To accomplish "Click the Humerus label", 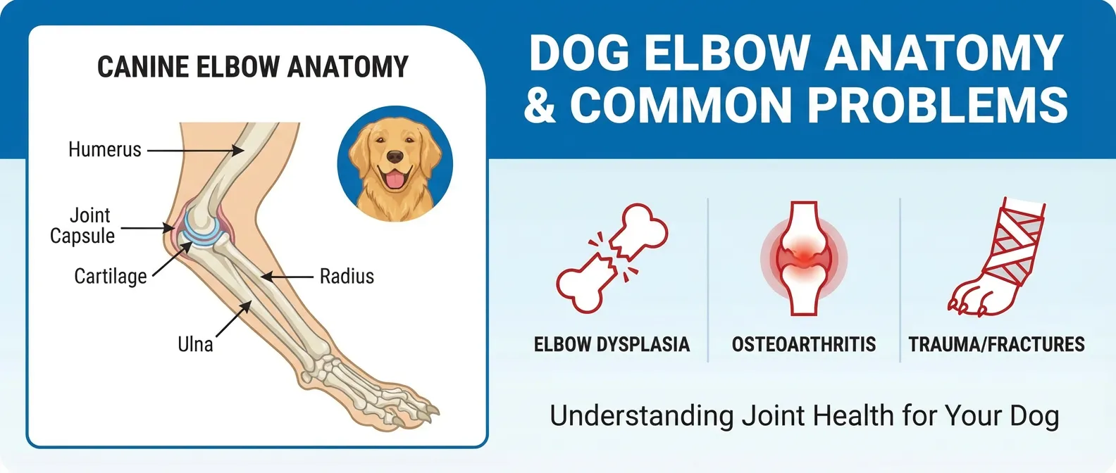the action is click(x=104, y=149).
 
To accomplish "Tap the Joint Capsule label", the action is click(x=82, y=225).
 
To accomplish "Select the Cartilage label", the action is click(x=111, y=276).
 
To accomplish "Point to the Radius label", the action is click(x=347, y=276).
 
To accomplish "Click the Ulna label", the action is click(x=195, y=344).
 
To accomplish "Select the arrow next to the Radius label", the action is click(x=287, y=277).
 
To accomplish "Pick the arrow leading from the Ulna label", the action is click(x=233, y=320).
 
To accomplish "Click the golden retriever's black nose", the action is click(x=395, y=156).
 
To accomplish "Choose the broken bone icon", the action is click(x=612, y=258).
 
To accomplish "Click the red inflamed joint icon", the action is click(x=804, y=258).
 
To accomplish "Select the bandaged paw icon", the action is click(x=996, y=257).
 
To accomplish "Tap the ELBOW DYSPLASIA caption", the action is click(x=612, y=344).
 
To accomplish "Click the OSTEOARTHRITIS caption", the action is click(x=804, y=344).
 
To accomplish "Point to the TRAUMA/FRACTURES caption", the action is click(x=996, y=344).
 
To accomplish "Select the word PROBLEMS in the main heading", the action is click(x=937, y=105).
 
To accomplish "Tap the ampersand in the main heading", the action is click(x=540, y=105).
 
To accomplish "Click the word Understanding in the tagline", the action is click(x=641, y=416).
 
